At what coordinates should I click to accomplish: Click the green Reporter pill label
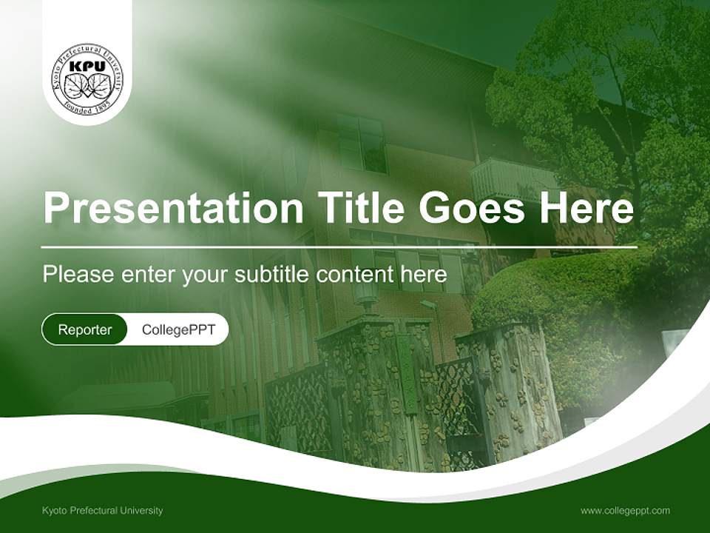85,329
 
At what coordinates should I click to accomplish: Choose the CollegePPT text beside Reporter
178,329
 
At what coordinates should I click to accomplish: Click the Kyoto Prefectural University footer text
103,510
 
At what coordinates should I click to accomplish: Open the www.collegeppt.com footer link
625,510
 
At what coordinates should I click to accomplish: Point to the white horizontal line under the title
339,247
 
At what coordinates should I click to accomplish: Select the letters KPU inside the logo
87,67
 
